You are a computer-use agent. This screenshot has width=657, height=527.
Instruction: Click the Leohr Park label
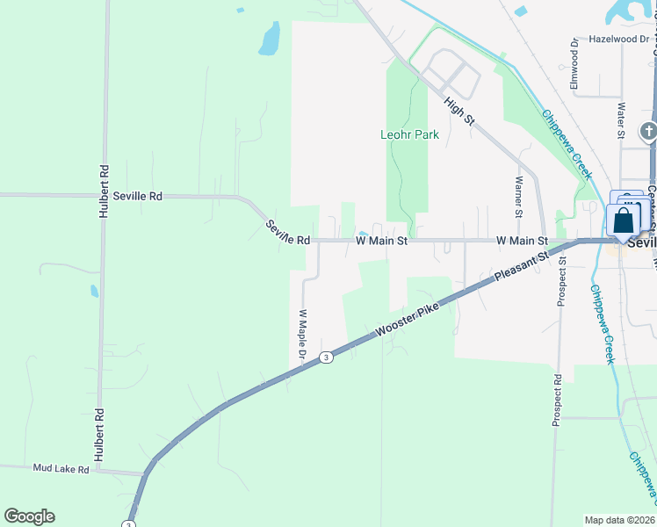(408, 135)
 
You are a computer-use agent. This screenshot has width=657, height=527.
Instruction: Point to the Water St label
(621, 121)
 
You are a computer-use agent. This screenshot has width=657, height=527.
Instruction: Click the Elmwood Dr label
(574, 62)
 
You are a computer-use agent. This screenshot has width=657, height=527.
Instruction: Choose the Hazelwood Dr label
(618, 39)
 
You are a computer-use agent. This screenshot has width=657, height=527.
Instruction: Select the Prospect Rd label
(557, 401)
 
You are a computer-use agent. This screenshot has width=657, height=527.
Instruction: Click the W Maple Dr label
(301, 336)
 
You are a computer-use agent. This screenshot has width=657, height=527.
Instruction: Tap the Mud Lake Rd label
(61, 470)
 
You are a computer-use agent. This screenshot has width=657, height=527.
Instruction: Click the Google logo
(29, 516)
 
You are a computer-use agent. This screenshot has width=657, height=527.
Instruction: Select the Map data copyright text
(619, 520)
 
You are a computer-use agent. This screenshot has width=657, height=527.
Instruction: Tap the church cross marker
(648, 132)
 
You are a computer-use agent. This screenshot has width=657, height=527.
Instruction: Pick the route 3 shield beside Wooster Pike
(326, 357)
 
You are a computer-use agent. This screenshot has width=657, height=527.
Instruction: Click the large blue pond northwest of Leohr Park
(270, 38)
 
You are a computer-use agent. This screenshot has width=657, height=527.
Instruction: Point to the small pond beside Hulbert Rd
(94, 290)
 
